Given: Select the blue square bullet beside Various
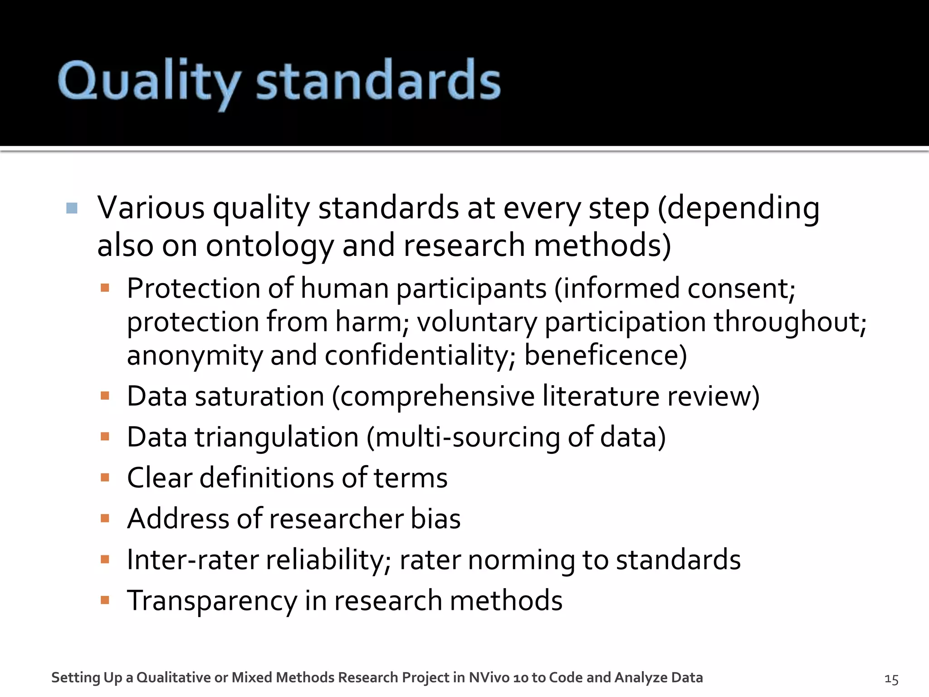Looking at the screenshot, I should (x=72, y=208).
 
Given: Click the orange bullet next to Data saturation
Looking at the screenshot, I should (x=105, y=396).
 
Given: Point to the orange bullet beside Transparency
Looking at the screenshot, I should (x=105, y=600).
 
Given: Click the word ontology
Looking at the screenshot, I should (x=269, y=245).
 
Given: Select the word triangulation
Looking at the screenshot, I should (x=277, y=437).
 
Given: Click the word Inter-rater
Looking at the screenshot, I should (x=192, y=560).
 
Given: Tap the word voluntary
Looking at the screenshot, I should (x=477, y=322).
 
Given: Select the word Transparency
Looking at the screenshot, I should (x=212, y=600).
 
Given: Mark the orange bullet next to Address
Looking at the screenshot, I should (x=105, y=519).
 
